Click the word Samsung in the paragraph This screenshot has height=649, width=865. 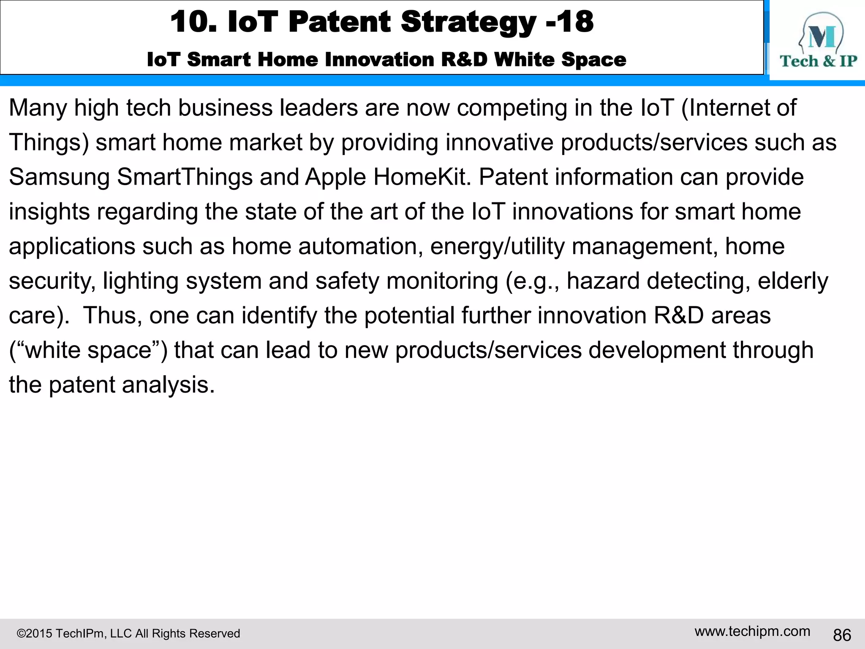pos(59,177)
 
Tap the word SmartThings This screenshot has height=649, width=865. pos(185,177)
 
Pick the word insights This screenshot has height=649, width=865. pos(49,212)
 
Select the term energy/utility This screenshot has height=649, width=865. pos(497,246)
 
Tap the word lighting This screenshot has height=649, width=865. pos(141,281)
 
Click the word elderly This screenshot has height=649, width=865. pos(793,281)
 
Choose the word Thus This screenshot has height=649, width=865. pos(112,316)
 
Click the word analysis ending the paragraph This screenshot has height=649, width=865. pos(168,385)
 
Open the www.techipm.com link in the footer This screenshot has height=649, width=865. pos(752,631)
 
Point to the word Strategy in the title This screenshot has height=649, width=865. pos(468,22)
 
